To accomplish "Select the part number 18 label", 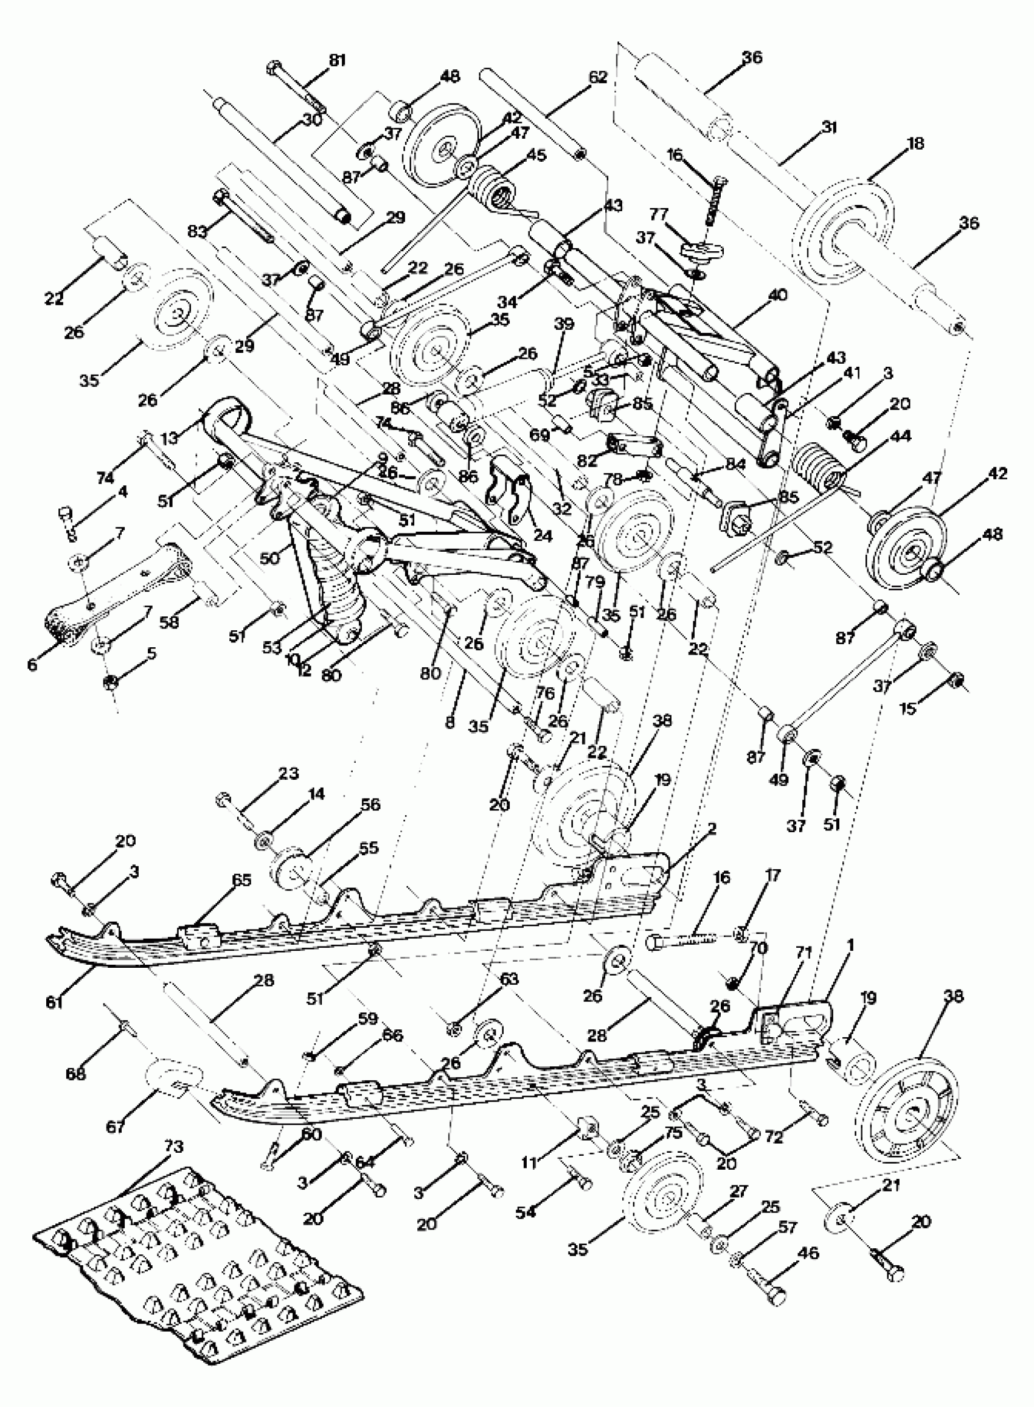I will (915, 144).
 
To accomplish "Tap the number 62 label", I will (598, 77).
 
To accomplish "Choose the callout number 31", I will (828, 127).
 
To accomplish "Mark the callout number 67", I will (116, 1127).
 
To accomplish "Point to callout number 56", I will (370, 804).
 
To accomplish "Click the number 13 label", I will (169, 437).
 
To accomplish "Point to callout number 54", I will (526, 1212).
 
